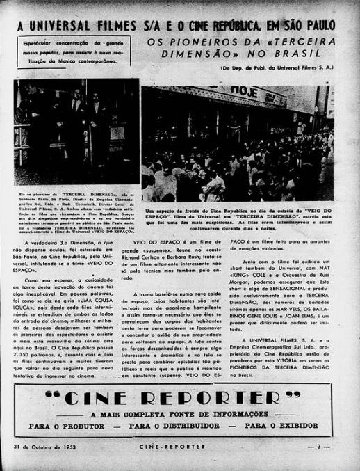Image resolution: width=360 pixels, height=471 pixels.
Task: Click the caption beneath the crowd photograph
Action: pos(238,216)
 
